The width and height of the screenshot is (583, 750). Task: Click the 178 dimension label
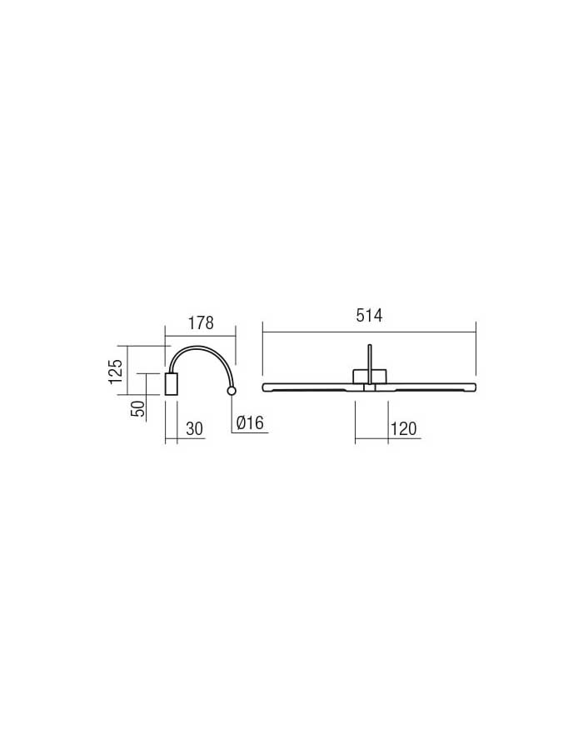point(201,323)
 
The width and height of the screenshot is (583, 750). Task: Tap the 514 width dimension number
point(369,316)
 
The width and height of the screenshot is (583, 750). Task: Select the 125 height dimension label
point(116,370)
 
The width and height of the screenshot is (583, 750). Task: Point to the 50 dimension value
point(137,408)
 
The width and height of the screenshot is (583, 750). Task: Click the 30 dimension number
point(194,428)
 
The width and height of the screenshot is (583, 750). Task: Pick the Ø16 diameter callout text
point(250,422)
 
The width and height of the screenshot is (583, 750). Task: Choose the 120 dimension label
point(404,428)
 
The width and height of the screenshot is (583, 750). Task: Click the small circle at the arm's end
point(232,392)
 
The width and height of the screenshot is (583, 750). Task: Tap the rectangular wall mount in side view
point(171,383)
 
